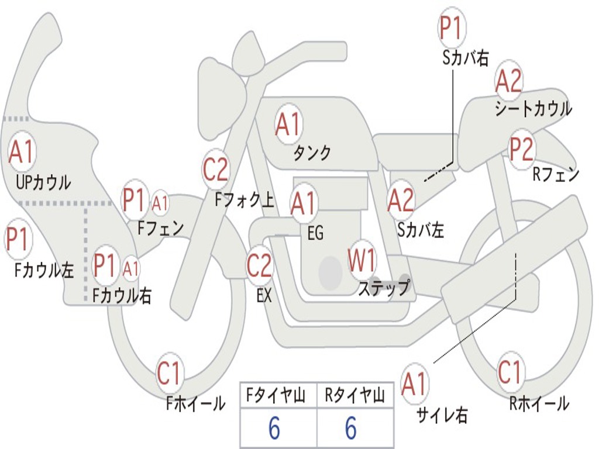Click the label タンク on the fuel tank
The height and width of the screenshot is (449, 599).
click(312, 153)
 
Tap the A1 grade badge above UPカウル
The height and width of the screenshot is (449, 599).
click(22, 151)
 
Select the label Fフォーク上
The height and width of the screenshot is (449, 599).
click(244, 201)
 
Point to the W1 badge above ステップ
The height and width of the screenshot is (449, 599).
click(362, 261)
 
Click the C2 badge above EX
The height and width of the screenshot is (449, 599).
click(259, 266)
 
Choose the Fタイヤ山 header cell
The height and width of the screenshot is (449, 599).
click(278, 396)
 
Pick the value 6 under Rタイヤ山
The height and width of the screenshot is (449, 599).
click(351, 429)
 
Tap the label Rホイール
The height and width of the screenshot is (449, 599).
click(539, 403)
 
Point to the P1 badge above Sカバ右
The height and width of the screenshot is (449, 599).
click(450, 28)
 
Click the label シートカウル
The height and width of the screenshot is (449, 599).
click(533, 109)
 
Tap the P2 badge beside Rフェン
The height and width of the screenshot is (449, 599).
click(521, 150)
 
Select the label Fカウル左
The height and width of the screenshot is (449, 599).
click(44, 270)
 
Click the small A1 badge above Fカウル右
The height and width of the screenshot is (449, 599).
click(132, 268)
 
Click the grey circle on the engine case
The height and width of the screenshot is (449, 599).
click(331, 272)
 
